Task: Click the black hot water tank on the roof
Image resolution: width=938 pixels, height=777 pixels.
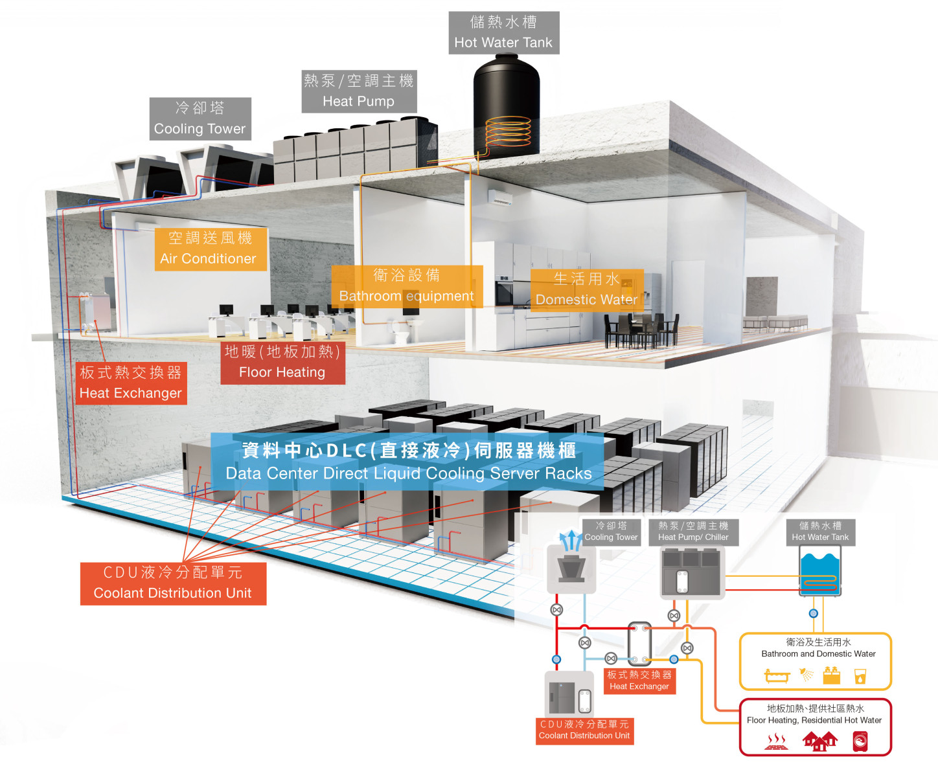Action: coord(506,107)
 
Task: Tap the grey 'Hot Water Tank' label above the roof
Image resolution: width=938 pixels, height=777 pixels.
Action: coord(503,32)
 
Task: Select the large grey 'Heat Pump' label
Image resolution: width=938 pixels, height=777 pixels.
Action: coord(359,91)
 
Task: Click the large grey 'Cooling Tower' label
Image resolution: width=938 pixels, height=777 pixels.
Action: coord(200,118)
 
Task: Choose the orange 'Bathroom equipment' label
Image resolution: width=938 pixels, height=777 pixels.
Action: coord(406,286)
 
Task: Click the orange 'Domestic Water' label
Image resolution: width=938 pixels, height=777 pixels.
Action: coord(586,289)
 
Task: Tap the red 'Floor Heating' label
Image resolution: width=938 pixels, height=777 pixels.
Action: coord(282,362)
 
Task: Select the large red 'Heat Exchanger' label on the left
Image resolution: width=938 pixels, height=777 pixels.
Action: coord(131,383)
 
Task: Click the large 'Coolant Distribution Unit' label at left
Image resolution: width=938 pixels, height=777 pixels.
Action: coord(173,583)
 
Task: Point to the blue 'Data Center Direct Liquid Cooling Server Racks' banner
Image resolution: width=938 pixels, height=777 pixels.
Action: coord(408,462)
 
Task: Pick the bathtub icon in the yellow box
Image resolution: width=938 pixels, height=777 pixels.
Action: coord(777,676)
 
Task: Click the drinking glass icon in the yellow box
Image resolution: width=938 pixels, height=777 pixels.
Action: coord(860,676)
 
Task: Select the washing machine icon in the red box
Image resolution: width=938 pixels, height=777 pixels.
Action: coord(860,741)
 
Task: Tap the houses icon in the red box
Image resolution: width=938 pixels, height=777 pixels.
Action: coord(819,741)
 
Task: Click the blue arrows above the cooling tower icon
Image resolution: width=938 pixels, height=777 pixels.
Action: coord(571,539)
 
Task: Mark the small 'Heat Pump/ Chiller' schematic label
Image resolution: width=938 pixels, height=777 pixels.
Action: coord(693,532)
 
